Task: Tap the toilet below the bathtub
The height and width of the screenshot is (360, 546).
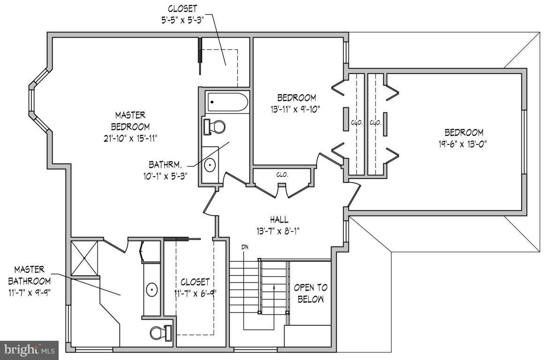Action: [214, 127]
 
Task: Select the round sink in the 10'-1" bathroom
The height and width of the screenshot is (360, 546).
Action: [211, 165]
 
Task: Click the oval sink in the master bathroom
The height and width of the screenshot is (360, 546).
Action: [152, 290]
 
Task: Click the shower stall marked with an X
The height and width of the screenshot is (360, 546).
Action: [84, 258]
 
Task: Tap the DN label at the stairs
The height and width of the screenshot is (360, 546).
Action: [245, 247]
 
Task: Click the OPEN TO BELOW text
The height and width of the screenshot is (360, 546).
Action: [311, 293]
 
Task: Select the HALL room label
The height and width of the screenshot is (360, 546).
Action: [279, 219]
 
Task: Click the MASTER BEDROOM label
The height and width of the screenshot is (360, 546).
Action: [130, 120]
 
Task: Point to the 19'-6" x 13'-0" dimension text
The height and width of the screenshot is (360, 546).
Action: [464, 144]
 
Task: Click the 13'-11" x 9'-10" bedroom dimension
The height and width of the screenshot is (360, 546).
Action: [296, 110]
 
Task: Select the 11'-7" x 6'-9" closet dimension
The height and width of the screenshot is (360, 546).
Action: [195, 294]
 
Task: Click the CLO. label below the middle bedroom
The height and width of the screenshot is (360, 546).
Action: [282, 174]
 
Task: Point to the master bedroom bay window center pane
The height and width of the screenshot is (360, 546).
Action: [31, 100]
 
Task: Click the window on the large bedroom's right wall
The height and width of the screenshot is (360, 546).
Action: [524, 142]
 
